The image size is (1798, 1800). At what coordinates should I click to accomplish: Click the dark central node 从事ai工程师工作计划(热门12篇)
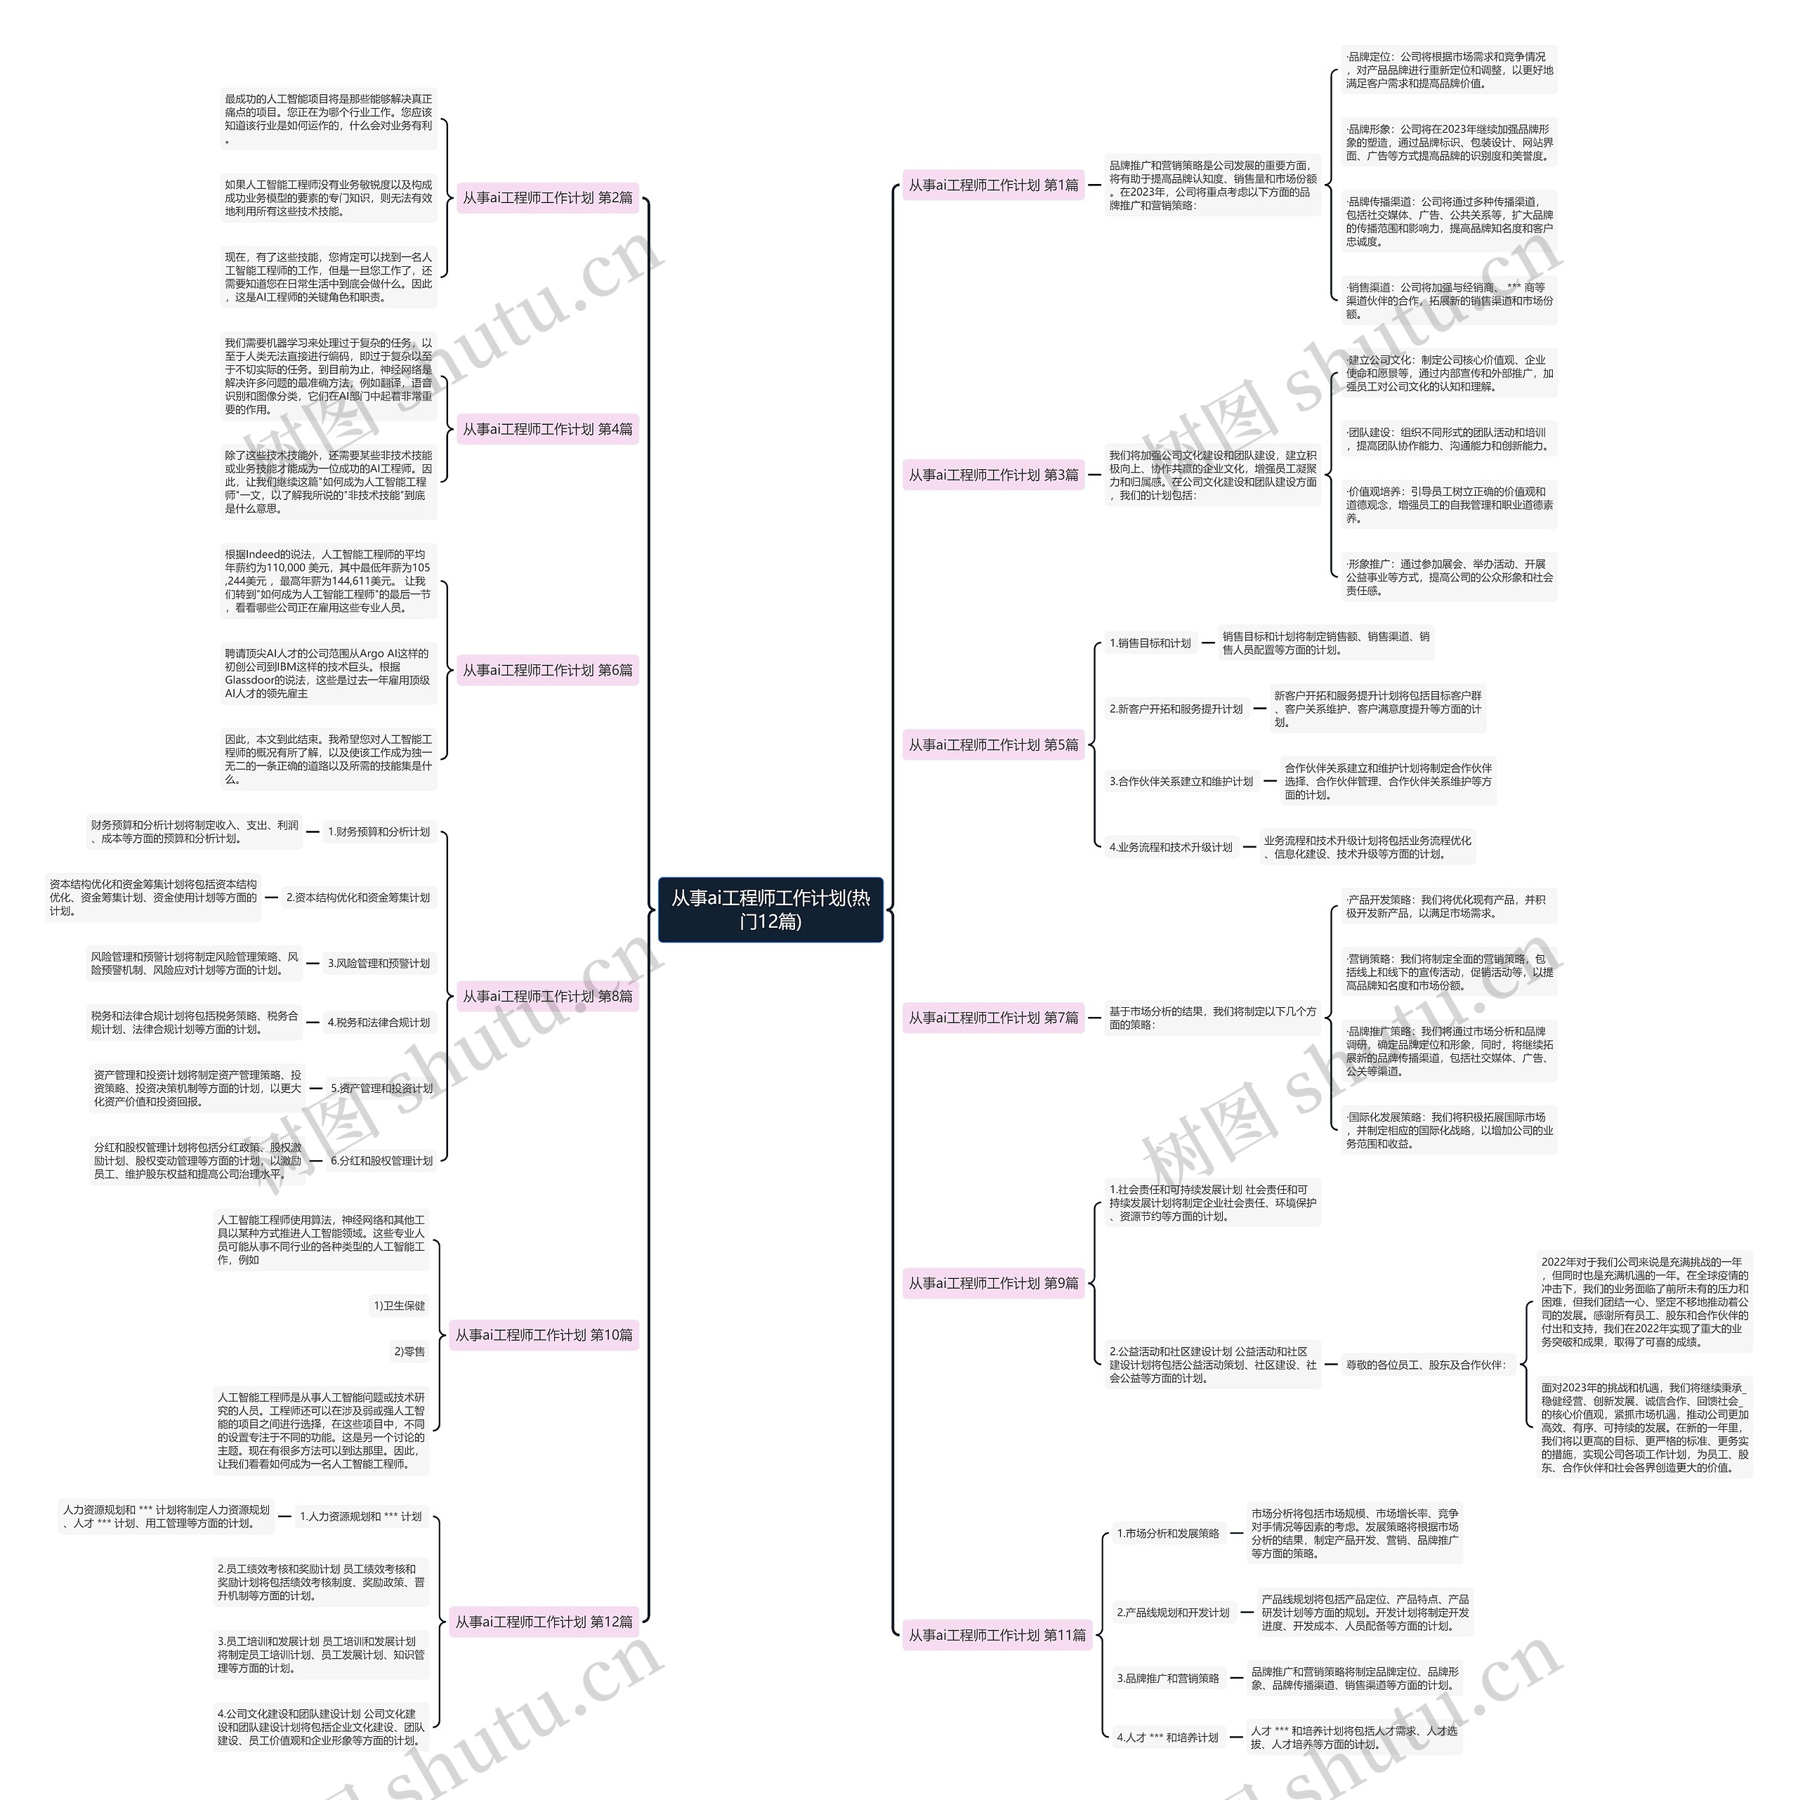(770, 909)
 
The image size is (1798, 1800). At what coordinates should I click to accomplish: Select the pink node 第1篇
(993, 185)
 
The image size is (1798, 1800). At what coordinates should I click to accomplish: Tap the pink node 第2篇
(547, 197)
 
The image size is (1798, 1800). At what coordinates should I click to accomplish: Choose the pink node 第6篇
(547, 670)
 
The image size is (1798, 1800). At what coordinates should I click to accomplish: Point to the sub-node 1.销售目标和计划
(1150, 643)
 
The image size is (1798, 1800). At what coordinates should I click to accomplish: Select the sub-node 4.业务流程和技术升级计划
(1170, 847)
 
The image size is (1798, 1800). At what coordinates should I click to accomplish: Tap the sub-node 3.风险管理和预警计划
(379, 964)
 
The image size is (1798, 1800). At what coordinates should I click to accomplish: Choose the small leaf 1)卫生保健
(399, 1306)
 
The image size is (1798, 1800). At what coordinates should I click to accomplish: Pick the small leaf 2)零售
(409, 1351)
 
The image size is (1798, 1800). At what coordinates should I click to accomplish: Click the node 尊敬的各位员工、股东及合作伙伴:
(1425, 1364)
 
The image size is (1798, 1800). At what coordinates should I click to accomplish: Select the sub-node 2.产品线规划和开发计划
(1173, 1612)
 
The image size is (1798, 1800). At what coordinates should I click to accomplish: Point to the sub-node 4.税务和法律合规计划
(379, 1022)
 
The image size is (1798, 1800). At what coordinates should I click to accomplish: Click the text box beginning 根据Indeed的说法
(328, 580)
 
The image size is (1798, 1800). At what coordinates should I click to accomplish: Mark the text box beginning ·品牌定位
(1449, 70)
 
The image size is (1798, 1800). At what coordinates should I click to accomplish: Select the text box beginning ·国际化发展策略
(1449, 1129)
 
